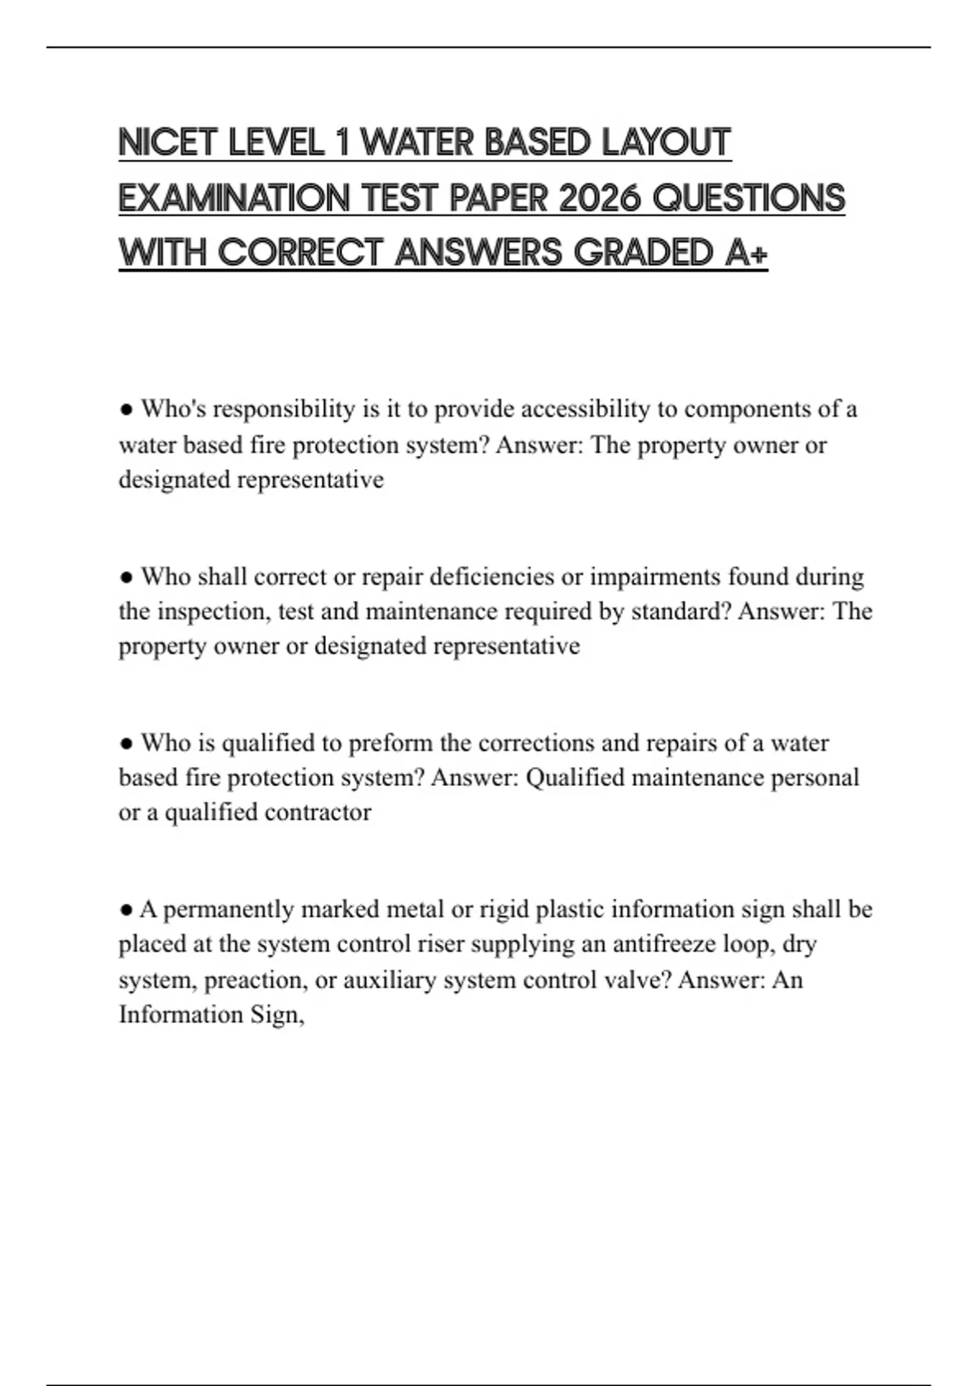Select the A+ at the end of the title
click(x=746, y=254)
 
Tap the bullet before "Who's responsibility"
click(x=126, y=409)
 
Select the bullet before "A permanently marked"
click(x=126, y=910)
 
